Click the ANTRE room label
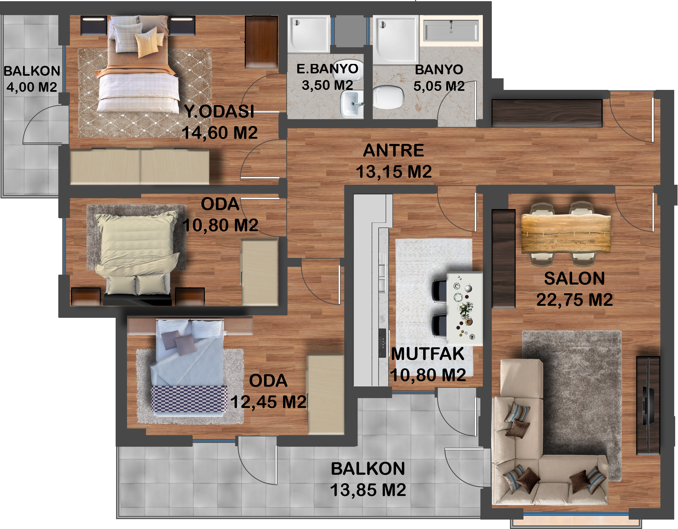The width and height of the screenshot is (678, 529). coord(393,151)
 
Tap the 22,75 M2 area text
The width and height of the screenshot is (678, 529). coord(575,300)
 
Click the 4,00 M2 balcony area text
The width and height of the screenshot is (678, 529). coord(32,87)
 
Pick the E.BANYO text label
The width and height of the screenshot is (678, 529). coord(327,69)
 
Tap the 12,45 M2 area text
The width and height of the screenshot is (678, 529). coord(268,402)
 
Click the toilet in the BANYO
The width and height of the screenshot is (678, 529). coord(388,97)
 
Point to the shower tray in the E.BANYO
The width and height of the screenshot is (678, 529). coord(309,34)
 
